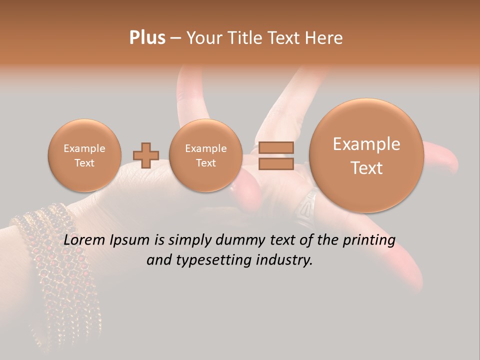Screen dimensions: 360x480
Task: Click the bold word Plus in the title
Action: tap(147, 38)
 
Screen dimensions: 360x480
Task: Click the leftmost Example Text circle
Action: tap(84, 155)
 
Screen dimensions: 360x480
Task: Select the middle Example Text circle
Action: tap(205, 155)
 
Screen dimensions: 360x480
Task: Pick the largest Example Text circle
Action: tap(366, 155)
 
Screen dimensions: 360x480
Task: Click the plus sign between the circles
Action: tap(146, 155)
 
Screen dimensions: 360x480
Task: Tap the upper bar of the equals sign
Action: tap(276, 147)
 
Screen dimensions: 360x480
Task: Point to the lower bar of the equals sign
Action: tap(276, 164)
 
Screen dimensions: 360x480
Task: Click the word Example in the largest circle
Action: tap(366, 144)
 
